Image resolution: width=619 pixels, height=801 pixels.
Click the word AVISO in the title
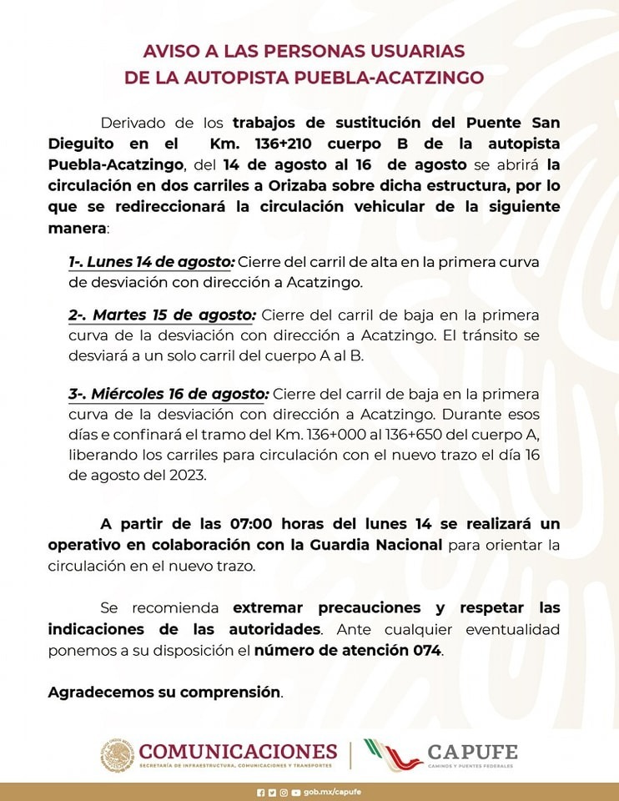(x=167, y=52)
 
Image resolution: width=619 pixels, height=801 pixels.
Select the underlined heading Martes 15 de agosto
(x=162, y=315)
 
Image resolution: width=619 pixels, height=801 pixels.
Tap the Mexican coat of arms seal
(x=118, y=754)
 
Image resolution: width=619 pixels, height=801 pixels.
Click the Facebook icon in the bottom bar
(x=260, y=792)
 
